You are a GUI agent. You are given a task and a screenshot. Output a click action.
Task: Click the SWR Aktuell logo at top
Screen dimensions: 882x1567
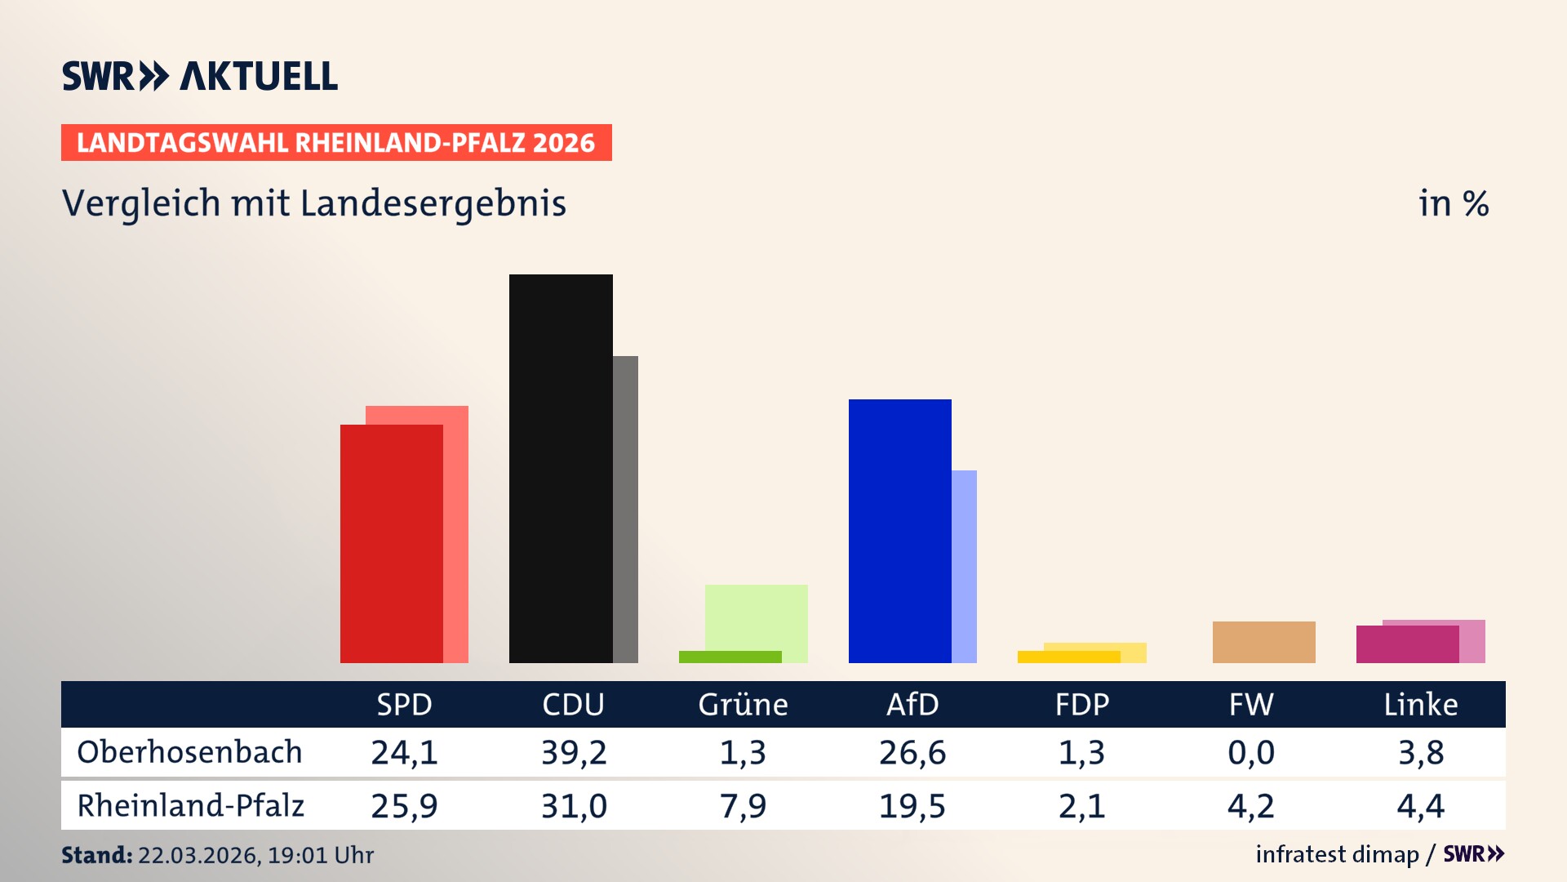[x=199, y=76]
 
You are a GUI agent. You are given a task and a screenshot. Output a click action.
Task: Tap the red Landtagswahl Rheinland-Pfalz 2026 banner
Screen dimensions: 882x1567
[x=335, y=143]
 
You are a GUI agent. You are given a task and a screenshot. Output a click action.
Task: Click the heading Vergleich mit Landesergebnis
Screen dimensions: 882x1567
[x=313, y=203]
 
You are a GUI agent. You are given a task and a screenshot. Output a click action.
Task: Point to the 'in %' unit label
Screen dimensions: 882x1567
[x=1453, y=203]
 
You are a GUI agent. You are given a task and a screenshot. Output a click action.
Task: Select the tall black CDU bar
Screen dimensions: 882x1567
[x=561, y=468]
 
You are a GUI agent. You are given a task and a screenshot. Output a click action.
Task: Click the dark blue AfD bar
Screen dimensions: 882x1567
[x=899, y=531]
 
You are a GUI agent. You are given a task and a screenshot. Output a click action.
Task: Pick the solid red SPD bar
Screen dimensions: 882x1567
[x=391, y=543]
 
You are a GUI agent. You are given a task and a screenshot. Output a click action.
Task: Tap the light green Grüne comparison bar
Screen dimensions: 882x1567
[x=757, y=617]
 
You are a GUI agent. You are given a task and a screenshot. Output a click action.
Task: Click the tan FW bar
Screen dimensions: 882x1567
[x=1263, y=642]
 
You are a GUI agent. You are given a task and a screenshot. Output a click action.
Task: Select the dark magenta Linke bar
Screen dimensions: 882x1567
[x=1407, y=644]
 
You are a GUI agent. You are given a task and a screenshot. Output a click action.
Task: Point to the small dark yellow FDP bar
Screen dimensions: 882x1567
[x=1068, y=657]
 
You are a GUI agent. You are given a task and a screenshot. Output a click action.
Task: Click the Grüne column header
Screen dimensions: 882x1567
[x=743, y=704]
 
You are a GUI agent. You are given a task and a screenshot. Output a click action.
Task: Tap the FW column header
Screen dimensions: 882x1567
[x=1250, y=704]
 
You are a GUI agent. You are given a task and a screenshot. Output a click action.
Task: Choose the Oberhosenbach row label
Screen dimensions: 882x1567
[x=189, y=752]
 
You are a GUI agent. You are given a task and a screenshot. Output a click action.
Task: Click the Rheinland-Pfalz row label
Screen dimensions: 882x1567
[x=190, y=806]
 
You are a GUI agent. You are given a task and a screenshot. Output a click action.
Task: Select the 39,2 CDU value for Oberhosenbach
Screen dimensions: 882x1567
[x=574, y=752]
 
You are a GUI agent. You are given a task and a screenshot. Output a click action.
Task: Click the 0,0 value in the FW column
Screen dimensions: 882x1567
[x=1250, y=752]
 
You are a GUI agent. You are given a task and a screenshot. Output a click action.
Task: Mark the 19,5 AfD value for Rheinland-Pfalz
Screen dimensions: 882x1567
[x=912, y=806]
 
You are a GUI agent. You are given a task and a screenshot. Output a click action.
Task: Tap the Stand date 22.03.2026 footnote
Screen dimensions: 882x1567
[x=217, y=855]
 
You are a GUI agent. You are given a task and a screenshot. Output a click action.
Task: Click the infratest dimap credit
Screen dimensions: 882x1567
[x=1336, y=854]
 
